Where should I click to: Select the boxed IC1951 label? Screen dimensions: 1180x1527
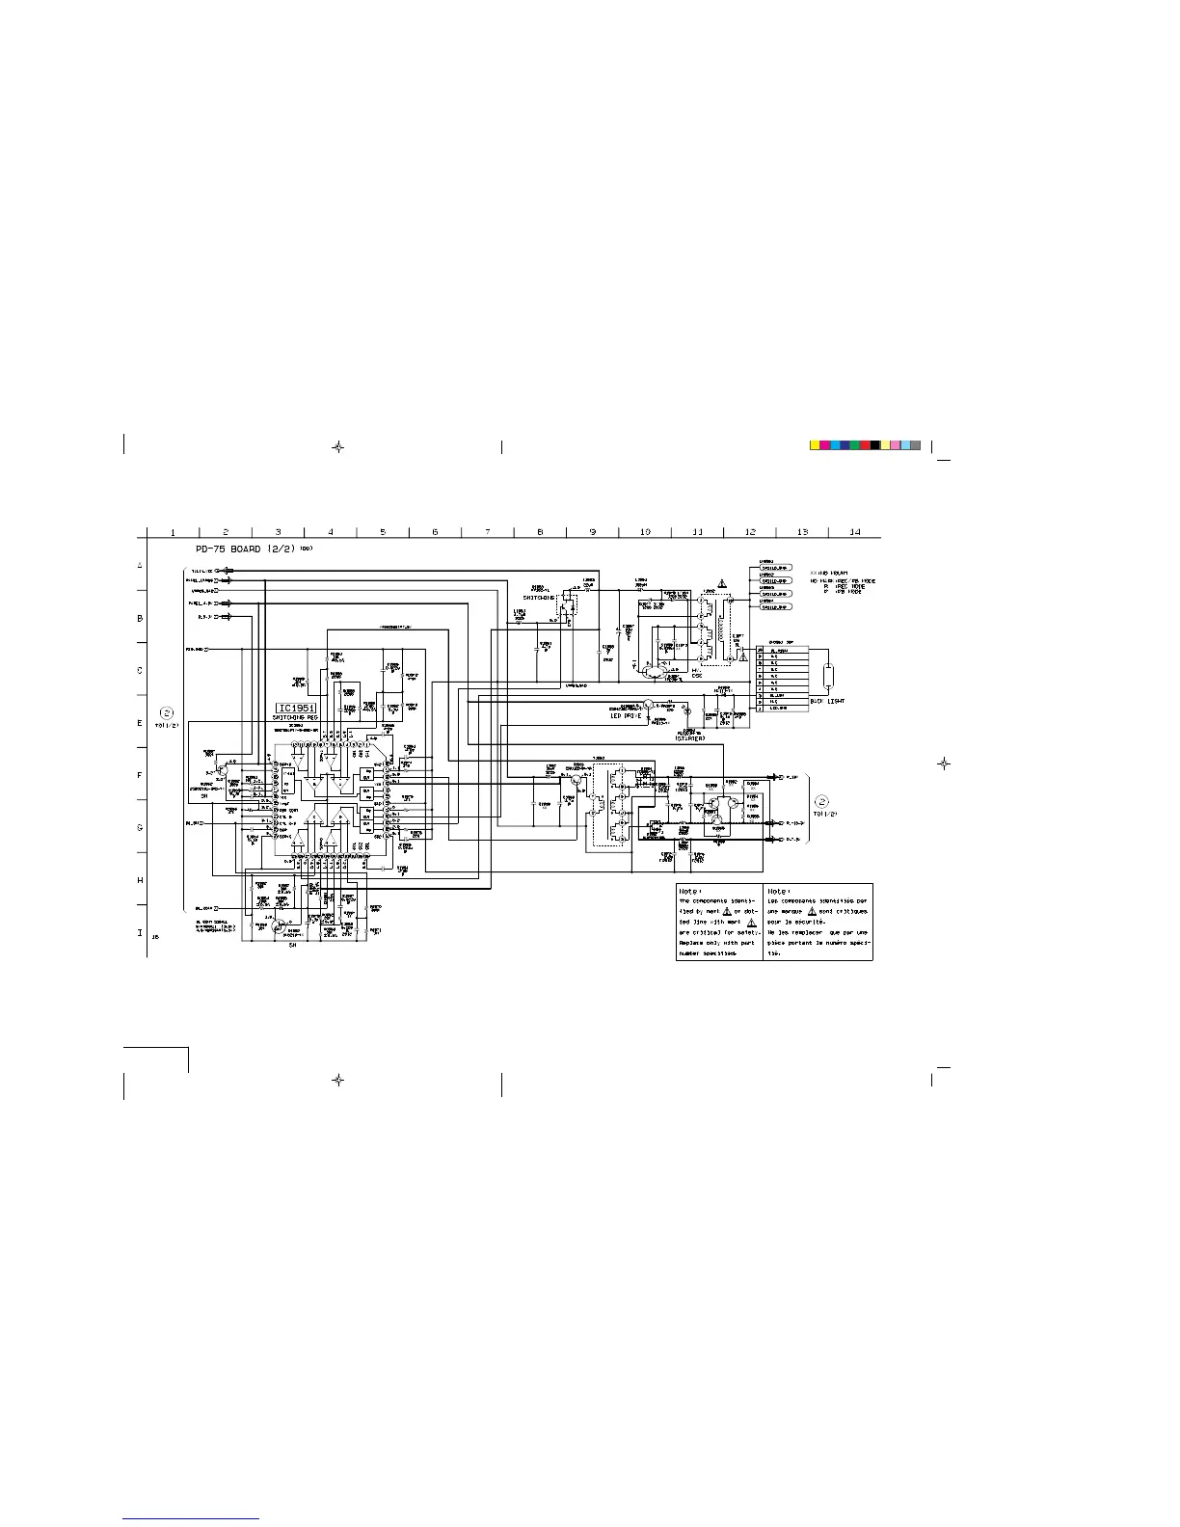298,708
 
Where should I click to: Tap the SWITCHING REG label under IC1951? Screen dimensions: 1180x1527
298,718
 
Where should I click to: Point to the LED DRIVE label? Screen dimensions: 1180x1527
625,715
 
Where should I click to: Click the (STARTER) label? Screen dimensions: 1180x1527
689,737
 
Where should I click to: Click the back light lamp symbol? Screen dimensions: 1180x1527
828,676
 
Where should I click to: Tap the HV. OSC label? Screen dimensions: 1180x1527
697,671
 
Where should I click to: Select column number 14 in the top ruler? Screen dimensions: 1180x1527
855,532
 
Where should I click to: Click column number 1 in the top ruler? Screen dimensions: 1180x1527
172,532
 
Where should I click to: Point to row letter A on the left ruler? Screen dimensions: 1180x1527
140,565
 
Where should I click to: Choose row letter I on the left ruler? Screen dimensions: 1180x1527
140,932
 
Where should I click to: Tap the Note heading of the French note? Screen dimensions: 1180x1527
779,892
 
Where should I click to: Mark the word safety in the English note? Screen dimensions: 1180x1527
747,933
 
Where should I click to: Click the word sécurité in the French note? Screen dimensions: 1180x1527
816,922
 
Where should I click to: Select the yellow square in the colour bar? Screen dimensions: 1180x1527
815,445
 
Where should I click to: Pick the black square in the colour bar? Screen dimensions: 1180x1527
875,445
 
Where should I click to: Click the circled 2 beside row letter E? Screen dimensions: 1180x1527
167,714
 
